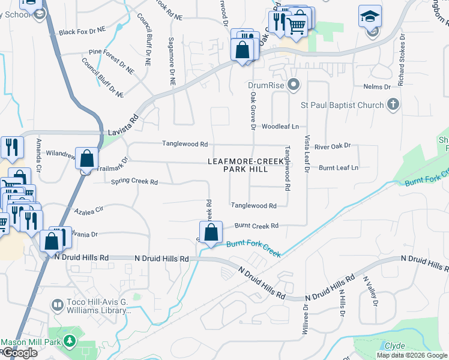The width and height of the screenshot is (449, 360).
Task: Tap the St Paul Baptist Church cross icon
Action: (x=393, y=106)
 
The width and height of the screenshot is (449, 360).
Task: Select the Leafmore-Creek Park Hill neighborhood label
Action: (x=246, y=166)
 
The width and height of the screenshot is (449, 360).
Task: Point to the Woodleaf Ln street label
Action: (x=280, y=127)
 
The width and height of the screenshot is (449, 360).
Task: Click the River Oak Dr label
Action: (x=332, y=146)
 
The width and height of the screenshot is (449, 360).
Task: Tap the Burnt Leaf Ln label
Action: (x=339, y=168)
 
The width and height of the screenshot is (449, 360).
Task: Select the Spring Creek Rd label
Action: (x=134, y=182)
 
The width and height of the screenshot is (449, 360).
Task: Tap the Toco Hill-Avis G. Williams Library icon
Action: (x=58, y=305)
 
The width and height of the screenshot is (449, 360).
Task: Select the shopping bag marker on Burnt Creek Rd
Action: (x=211, y=233)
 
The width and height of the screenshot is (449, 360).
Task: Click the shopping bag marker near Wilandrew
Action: (x=86, y=159)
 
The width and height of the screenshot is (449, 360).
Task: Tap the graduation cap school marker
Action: (x=370, y=16)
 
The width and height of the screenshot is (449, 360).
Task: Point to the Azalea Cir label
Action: (x=89, y=211)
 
